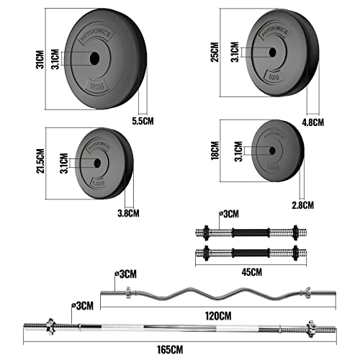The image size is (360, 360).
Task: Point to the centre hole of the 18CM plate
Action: pyautogui.click(x=270, y=151)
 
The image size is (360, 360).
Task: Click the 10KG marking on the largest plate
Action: pyautogui.click(x=95, y=86)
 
